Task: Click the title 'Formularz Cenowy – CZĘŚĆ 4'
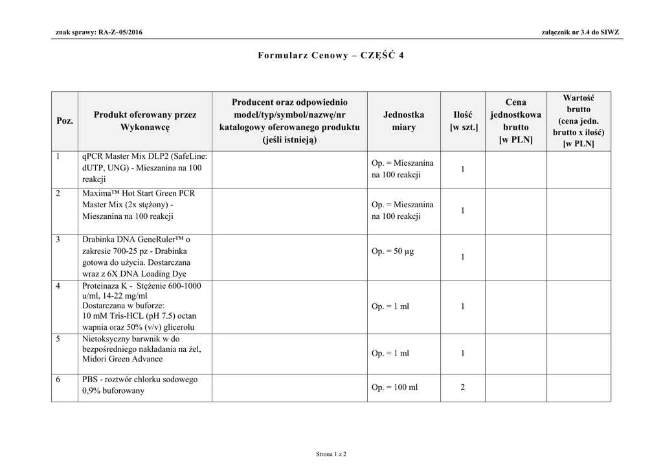331,55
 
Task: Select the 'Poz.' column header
64,121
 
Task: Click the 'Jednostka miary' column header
403,121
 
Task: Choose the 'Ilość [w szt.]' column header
463,121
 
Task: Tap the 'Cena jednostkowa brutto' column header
515,121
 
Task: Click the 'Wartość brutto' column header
578,121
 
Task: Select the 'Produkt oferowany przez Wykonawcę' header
144,121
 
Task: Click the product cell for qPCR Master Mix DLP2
144,168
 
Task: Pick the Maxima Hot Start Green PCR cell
144,205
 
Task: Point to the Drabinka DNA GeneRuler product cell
144,257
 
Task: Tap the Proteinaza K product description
144,306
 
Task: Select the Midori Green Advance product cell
144,349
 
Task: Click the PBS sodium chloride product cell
144,385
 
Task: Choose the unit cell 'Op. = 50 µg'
393,251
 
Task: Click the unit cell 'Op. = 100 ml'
395,387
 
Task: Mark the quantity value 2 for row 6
463,387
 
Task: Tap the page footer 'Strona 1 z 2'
331,454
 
